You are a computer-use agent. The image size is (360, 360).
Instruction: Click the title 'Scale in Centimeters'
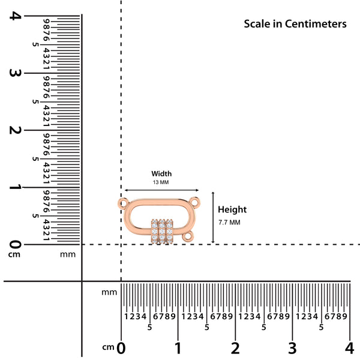295,24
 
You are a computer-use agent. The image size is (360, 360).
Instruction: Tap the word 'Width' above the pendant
161,173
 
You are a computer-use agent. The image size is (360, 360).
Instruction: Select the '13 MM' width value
161,182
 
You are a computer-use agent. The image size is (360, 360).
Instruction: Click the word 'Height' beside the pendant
232,209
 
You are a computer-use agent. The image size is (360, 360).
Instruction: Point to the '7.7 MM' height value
229,223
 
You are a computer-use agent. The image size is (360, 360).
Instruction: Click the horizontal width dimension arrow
161,190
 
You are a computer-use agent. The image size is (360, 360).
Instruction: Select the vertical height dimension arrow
213,217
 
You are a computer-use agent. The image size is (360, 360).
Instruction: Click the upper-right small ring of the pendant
194,203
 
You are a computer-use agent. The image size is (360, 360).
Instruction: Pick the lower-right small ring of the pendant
188,236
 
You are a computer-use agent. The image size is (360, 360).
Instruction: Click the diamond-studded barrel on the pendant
162,232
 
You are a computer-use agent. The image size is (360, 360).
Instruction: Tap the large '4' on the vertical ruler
15,16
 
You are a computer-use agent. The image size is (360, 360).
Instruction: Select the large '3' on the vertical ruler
15,73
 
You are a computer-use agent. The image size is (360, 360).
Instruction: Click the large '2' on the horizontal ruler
235,348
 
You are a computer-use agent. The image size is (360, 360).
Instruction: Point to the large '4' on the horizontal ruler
349,348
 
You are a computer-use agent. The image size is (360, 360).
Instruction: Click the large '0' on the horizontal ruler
121,348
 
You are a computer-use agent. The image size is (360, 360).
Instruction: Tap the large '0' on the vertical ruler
15,244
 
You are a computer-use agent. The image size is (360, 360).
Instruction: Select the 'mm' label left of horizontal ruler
109,292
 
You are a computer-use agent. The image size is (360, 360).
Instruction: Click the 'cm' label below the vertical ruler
14,254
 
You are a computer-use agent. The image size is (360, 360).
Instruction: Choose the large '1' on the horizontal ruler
178,348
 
